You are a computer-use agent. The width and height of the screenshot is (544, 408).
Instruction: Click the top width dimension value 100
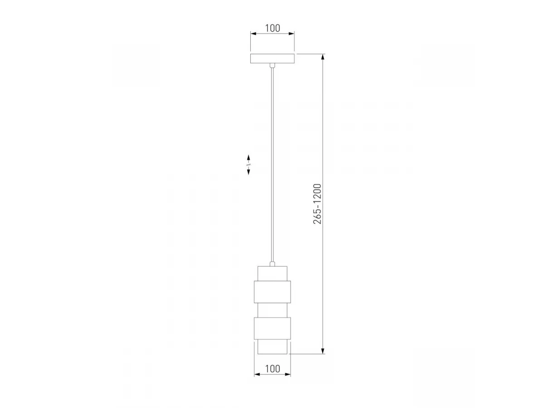[272, 28]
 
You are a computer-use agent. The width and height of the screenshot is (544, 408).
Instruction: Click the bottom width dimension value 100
[272, 369]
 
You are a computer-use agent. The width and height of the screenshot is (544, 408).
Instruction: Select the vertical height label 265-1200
[317, 204]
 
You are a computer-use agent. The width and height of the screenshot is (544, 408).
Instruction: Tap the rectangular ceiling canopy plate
[272, 58]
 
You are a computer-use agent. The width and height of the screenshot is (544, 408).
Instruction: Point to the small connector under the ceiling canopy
[272, 65]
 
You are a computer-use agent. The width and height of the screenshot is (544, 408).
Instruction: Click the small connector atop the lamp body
[272, 264]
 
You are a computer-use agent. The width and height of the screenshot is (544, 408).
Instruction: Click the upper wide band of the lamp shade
[272, 292]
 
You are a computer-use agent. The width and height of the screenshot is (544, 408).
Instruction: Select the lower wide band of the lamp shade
[272, 329]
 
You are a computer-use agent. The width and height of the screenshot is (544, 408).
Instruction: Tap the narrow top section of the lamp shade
[272, 274]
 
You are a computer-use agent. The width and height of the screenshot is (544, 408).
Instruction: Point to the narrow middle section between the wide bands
[272, 310]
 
